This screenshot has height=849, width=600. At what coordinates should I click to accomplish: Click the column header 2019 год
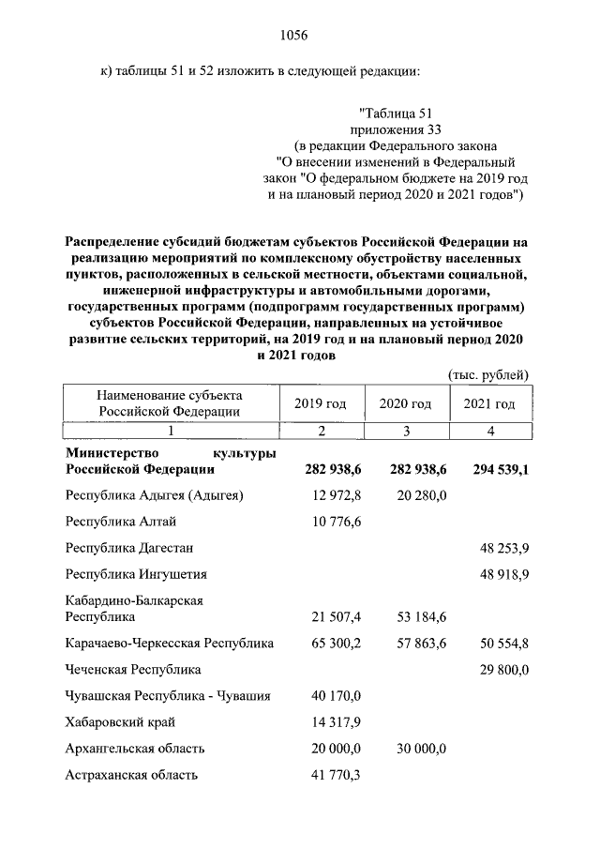pyautogui.click(x=321, y=403)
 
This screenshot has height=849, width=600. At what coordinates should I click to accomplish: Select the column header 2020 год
pyautogui.click(x=405, y=403)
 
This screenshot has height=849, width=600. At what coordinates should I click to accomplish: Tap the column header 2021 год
pyautogui.click(x=489, y=403)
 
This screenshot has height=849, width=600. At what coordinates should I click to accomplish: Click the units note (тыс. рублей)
pyautogui.click(x=488, y=374)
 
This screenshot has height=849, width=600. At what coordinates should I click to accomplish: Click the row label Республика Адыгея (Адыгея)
pyautogui.click(x=155, y=494)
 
